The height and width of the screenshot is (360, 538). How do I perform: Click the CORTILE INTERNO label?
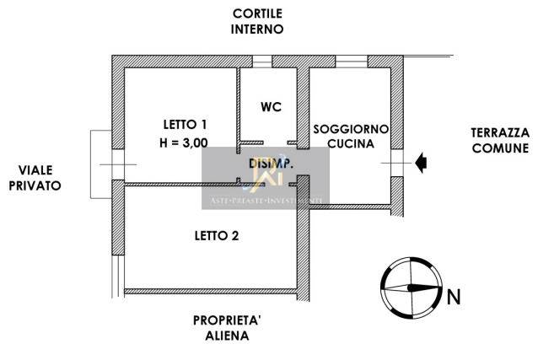pyautogui.click(x=259, y=21)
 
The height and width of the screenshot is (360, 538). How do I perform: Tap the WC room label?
pyautogui.click(x=270, y=107)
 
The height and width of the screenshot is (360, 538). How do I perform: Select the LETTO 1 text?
pyautogui.click(x=183, y=124)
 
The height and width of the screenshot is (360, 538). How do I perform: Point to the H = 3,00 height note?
pyautogui.click(x=183, y=143)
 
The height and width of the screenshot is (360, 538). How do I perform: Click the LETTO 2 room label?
pyautogui.click(x=216, y=235)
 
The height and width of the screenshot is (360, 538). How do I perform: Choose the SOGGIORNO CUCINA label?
pyautogui.click(x=351, y=137)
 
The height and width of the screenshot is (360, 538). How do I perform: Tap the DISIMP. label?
pyautogui.click(x=270, y=164)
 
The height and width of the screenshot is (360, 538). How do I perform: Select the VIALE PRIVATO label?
pyautogui.click(x=35, y=178)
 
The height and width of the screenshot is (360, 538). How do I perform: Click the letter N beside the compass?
pyautogui.click(x=454, y=296)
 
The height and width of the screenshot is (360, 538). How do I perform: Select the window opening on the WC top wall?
pyautogui.click(x=264, y=61)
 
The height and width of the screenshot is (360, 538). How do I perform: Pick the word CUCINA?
pyautogui.click(x=351, y=145)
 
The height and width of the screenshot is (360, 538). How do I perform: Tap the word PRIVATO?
pyautogui.click(x=35, y=186)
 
